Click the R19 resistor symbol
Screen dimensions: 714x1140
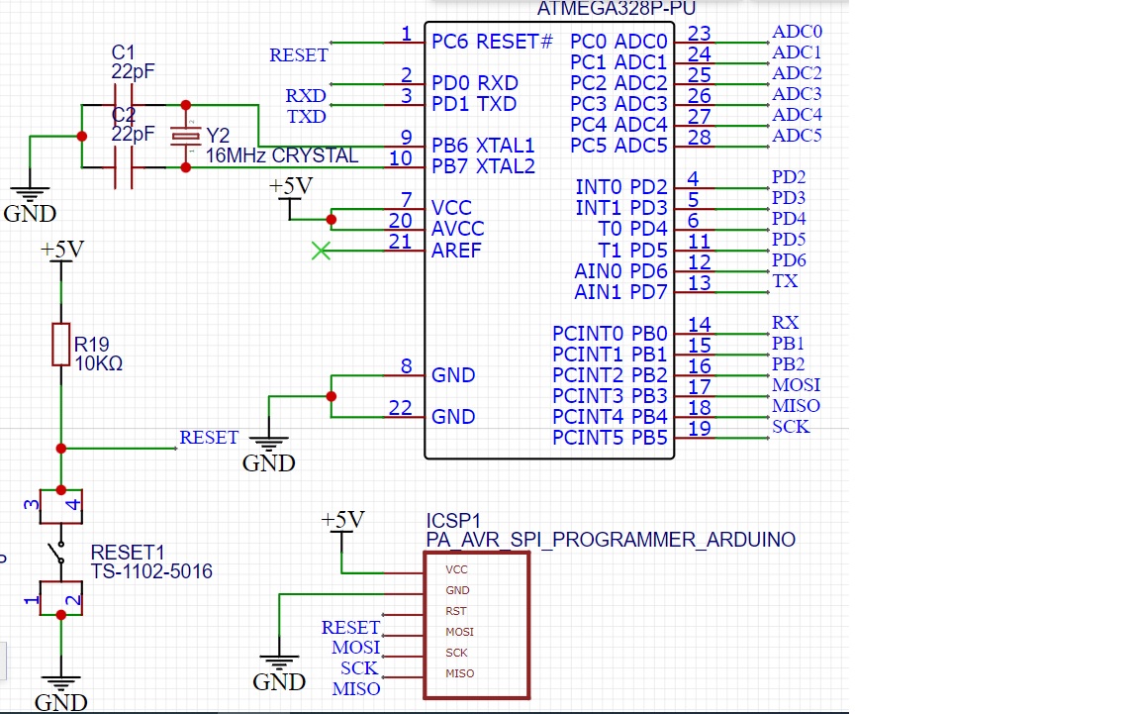tap(61, 344)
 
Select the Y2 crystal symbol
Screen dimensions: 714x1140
tap(185, 136)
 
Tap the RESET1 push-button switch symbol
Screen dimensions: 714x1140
tap(60, 553)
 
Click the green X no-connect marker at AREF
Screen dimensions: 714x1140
tap(320, 251)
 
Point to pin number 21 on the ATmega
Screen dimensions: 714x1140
tap(400, 241)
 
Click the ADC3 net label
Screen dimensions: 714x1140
tap(797, 94)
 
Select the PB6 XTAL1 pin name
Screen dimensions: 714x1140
tap(483, 146)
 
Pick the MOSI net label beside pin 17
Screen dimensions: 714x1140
tap(796, 385)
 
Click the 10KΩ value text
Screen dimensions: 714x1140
tap(99, 363)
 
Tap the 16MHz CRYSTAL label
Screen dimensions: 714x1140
tap(282, 156)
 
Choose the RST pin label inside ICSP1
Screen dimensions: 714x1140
tap(455, 611)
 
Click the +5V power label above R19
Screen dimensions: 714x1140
tap(62, 251)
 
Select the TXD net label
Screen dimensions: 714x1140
tap(307, 117)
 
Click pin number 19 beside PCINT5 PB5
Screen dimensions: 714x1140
tap(699, 428)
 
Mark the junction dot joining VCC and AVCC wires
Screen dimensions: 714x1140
tap(332, 220)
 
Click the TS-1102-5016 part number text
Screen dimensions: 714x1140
tap(151, 571)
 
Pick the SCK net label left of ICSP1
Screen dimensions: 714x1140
tap(359, 668)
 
